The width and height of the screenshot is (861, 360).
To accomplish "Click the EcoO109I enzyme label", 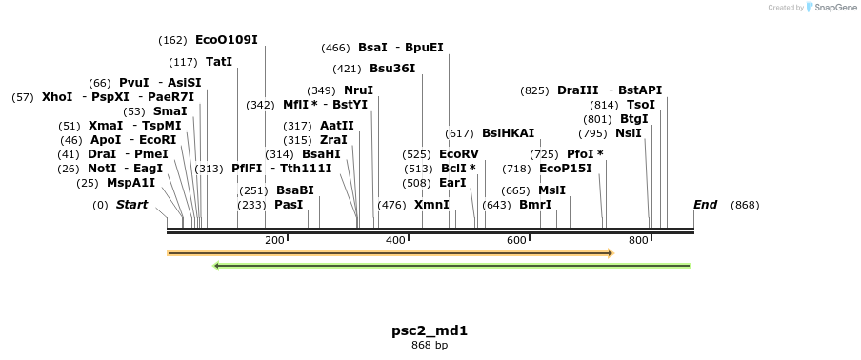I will (226, 40).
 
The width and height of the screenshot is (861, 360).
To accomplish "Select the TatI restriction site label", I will (219, 62).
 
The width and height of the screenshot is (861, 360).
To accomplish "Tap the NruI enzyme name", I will (358, 90).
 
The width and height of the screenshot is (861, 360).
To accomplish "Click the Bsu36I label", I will (392, 69).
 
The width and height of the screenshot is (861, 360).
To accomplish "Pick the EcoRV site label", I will (459, 153).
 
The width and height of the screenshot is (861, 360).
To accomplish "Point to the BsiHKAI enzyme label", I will (508, 133).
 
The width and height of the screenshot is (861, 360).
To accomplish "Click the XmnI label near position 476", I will (431, 205).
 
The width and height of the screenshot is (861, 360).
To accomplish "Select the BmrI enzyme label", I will (535, 205).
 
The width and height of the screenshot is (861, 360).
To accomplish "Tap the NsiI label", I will (628, 133).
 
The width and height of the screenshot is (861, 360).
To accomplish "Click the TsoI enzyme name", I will (640, 105).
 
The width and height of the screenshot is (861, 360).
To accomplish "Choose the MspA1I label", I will (130, 183).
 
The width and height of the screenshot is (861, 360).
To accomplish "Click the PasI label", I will (289, 205).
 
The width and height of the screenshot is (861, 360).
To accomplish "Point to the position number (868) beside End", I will (745, 205).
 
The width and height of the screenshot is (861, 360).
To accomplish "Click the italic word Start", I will (131, 205).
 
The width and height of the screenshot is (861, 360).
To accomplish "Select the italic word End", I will (705, 205).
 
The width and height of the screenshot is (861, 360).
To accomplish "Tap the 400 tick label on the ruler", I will (395, 240).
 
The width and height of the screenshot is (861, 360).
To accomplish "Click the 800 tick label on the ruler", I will (638, 240).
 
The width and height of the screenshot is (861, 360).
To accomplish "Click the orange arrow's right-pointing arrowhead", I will (610, 253).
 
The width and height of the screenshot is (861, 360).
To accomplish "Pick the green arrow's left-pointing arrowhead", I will (217, 266).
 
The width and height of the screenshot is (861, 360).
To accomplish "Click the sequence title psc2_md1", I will (430, 331).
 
